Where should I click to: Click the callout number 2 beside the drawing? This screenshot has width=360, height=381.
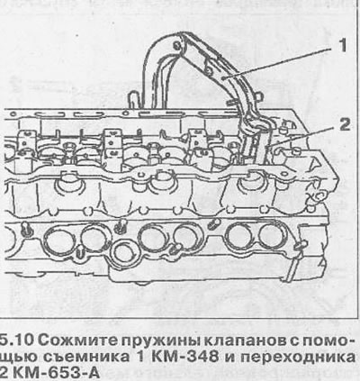coord(344,124)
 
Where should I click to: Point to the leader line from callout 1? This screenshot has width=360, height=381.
coord(279,63)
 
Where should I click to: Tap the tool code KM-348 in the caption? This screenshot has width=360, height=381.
coord(185,357)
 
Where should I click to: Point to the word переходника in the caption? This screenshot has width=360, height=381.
coord(298,358)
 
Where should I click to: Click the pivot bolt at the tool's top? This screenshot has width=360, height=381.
coord(176,46)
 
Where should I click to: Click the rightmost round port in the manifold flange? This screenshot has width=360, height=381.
coord(272,236)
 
